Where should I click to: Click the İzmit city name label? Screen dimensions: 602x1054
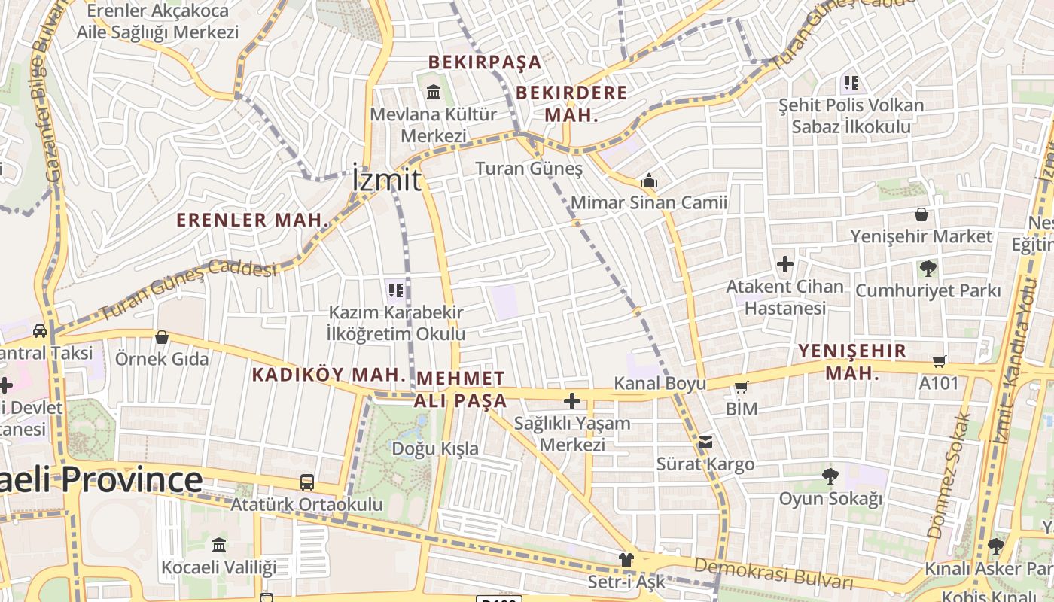coord(387,181)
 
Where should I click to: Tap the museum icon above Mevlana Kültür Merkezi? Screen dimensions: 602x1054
coord(434,93)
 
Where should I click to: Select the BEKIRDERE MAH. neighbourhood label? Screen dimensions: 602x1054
coord(571,104)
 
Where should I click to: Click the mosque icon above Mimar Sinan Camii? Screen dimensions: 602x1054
coord(648,181)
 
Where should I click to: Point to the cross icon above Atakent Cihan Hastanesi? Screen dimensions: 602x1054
coord(785,264)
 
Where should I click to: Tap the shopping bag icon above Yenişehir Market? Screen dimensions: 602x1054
coord(921,214)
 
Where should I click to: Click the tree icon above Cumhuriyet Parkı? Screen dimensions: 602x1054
coord(928,268)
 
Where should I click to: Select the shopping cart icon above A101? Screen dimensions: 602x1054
coord(939,361)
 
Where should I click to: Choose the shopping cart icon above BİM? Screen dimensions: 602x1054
coord(742,388)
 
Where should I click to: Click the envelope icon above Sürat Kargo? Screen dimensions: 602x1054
coord(705,442)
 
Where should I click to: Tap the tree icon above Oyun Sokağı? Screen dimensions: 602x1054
coord(830,476)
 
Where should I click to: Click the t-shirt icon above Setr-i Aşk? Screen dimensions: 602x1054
coord(626,559)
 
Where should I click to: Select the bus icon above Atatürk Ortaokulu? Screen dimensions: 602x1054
coord(306,482)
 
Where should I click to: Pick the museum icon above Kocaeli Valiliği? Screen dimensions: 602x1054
coord(219,544)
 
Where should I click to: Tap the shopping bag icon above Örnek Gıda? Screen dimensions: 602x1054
coord(161,337)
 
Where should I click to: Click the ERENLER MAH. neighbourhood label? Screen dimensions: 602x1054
coord(253,220)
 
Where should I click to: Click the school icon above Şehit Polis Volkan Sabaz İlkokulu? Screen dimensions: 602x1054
coord(851,82)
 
